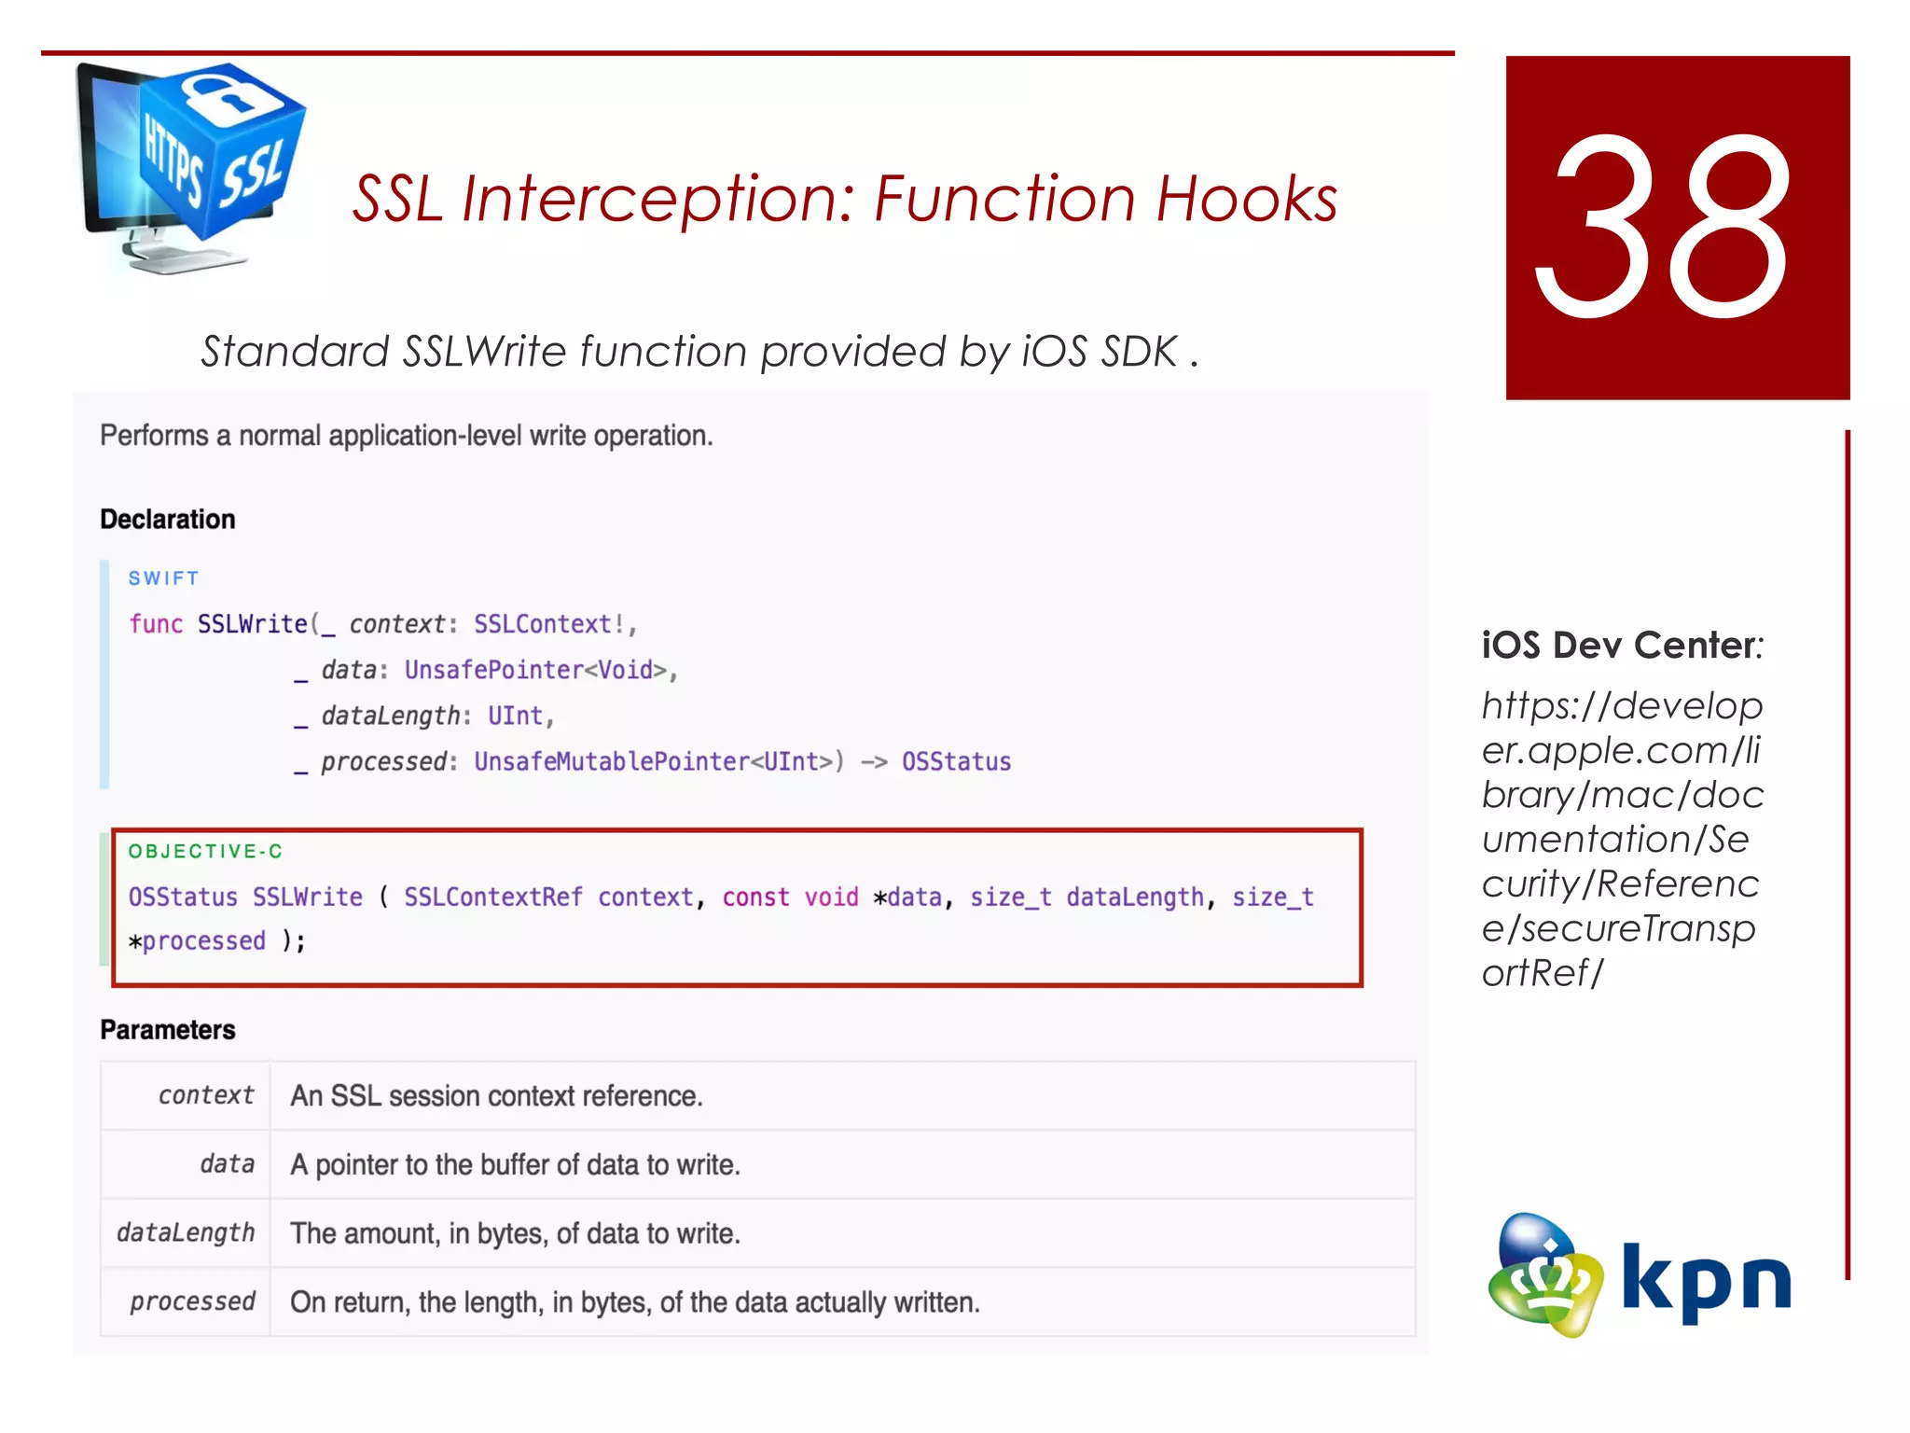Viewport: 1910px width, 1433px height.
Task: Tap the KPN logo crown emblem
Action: point(1544,1276)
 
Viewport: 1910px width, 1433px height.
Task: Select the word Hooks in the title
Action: point(1247,199)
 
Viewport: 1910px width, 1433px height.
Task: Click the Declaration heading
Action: point(168,520)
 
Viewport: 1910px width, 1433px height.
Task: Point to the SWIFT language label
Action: point(163,578)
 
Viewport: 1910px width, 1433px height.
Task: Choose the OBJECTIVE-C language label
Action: point(205,851)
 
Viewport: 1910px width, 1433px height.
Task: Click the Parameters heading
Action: point(168,1030)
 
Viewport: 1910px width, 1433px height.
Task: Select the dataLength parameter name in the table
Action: point(186,1233)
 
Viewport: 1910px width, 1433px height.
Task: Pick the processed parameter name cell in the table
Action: point(192,1301)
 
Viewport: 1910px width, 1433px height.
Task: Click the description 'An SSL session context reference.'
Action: point(496,1095)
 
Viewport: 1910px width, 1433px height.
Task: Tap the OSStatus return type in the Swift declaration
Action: point(956,762)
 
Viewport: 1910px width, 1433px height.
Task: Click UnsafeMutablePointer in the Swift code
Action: point(611,762)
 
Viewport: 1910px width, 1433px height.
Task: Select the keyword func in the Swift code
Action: point(156,624)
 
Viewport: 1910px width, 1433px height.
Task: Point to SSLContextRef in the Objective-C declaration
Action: point(492,897)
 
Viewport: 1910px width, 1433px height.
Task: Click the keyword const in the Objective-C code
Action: point(755,897)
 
